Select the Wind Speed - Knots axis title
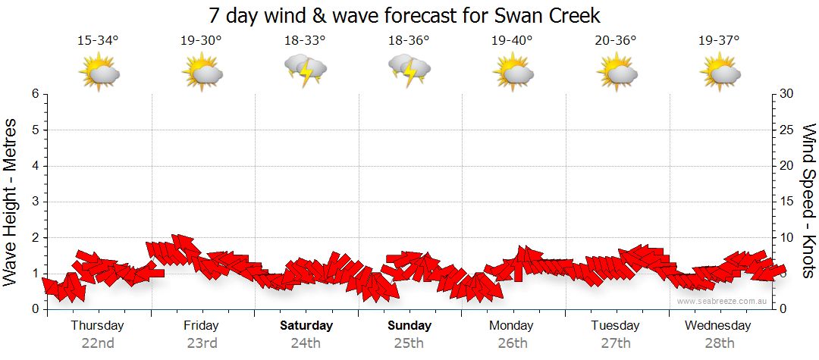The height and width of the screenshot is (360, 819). tap(807, 200)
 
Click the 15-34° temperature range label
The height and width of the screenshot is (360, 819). tap(99, 41)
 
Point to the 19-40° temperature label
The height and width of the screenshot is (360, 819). tap(512, 41)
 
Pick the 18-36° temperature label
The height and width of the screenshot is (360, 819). tap(409, 41)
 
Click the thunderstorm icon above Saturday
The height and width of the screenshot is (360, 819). tap(306, 70)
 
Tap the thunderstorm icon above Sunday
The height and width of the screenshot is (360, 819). tap(409, 70)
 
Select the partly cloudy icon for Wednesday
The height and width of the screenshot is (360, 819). tap(719, 73)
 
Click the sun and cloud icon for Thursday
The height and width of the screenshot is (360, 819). tap(99, 73)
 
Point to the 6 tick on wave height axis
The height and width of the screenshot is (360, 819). tap(34, 94)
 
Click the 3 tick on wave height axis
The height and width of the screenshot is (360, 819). tap(34, 202)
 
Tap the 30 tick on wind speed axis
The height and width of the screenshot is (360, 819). tap(787, 94)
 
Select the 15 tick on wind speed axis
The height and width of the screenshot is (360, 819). tap(787, 202)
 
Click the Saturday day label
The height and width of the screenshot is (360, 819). tap(306, 326)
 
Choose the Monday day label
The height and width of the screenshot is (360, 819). tap(512, 326)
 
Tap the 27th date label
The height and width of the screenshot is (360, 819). tap(615, 343)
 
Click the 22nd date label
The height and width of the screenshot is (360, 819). tap(98, 343)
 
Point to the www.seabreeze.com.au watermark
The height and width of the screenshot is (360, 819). tap(723, 301)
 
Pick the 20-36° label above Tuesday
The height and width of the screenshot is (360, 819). tap(615, 41)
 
